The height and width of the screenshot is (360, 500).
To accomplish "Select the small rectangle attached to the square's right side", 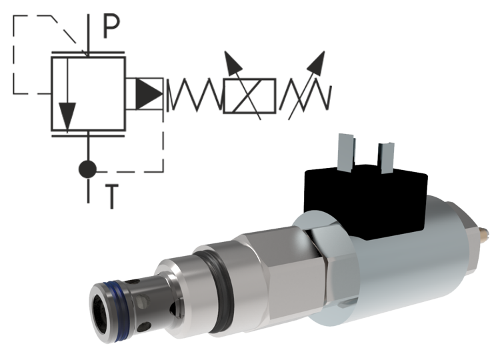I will coord(145,94).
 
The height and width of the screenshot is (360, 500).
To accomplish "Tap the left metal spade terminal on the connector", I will coord(347,151).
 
